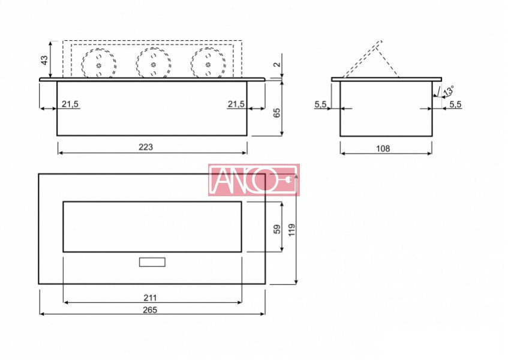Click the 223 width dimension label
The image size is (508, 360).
[146, 147]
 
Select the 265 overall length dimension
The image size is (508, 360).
[150, 310]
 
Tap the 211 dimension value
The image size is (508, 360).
[150, 298]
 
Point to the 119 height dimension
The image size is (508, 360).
[292, 230]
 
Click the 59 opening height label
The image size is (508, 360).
[277, 229]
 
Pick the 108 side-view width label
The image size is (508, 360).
[383, 149]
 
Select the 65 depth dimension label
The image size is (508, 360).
[277, 113]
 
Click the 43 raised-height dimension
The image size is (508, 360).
[44, 60]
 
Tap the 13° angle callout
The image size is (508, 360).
[449, 91]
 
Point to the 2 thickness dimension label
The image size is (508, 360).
[277, 64]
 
